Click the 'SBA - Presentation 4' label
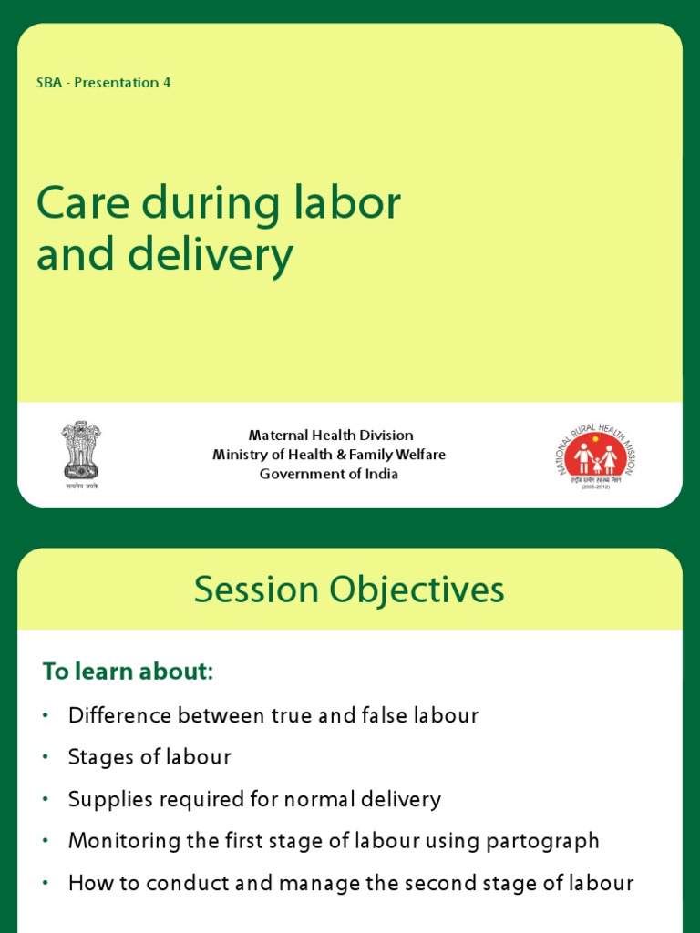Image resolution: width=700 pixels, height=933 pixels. [x=103, y=83]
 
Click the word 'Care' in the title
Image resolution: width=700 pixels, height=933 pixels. [x=79, y=204]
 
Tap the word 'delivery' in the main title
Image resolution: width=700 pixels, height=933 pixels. [x=211, y=256]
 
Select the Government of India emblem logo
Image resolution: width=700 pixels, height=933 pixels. [x=81, y=451]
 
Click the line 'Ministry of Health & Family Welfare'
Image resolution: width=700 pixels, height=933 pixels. [x=329, y=455]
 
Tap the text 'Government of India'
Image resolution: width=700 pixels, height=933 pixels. [x=329, y=474]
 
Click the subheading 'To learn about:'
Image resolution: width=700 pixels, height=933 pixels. [x=128, y=672]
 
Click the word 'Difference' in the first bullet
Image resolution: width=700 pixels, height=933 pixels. [x=120, y=715]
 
